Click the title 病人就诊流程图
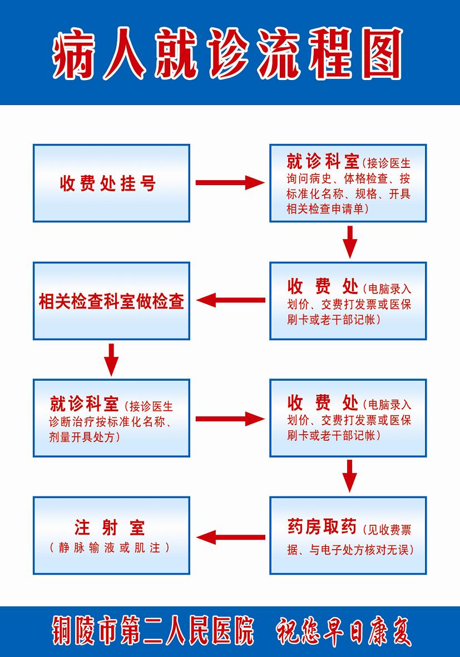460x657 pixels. click(227, 53)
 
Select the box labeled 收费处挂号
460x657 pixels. click(112, 183)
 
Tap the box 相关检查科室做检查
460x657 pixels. click(112, 301)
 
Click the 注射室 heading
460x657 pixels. click(110, 527)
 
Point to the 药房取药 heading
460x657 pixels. click(322, 527)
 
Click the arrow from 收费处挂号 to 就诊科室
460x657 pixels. click(230, 183)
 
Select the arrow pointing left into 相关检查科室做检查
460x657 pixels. click(231, 300)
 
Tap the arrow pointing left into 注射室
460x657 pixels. click(231, 537)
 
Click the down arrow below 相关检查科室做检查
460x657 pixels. click(111, 360)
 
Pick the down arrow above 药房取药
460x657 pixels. click(349, 476)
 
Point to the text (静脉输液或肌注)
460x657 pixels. click(110, 547)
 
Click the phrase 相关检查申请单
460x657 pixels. click(325, 208)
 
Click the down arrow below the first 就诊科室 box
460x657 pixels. click(350, 242)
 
